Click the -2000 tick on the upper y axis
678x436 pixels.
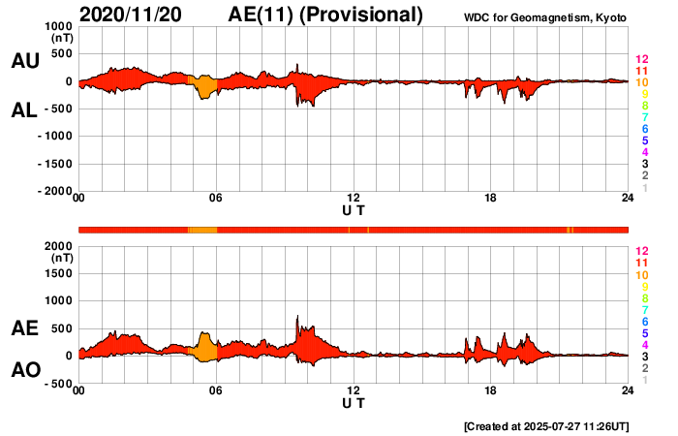(x=55, y=191)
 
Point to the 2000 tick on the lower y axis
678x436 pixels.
(x=60, y=246)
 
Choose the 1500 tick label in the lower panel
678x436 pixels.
(x=60, y=273)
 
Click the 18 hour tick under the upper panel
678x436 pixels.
(x=491, y=199)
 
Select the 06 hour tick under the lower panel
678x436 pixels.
(x=216, y=390)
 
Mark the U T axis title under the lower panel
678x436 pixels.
(x=354, y=403)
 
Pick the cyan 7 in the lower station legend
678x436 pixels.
(x=641, y=309)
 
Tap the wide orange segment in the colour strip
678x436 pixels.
(x=202, y=229)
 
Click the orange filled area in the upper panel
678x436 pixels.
(x=205, y=87)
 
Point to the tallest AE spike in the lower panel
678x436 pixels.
(x=297, y=318)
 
